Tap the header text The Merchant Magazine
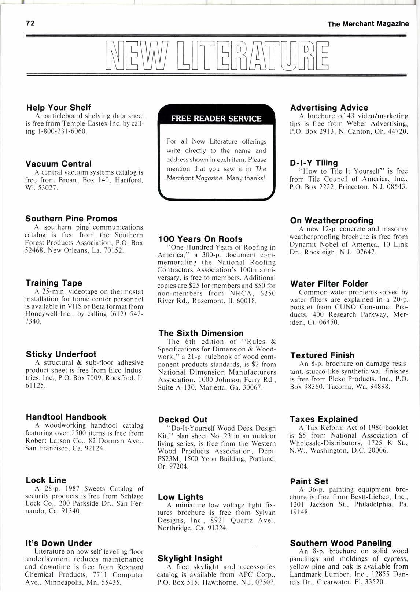(x=368, y=24)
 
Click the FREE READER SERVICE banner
(x=216, y=119)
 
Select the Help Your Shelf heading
(x=58, y=108)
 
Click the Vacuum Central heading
(x=58, y=164)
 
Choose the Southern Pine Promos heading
(x=71, y=219)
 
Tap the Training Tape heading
(x=54, y=283)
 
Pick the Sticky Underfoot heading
(x=61, y=354)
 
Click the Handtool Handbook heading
(x=66, y=417)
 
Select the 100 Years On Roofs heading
(x=200, y=239)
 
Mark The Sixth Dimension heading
(x=201, y=333)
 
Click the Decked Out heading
(x=183, y=420)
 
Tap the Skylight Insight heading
(x=190, y=558)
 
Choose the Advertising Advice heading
(x=329, y=108)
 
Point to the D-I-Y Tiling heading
(x=314, y=163)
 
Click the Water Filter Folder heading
(x=329, y=284)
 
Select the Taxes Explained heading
(x=324, y=419)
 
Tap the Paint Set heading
(x=309, y=481)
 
